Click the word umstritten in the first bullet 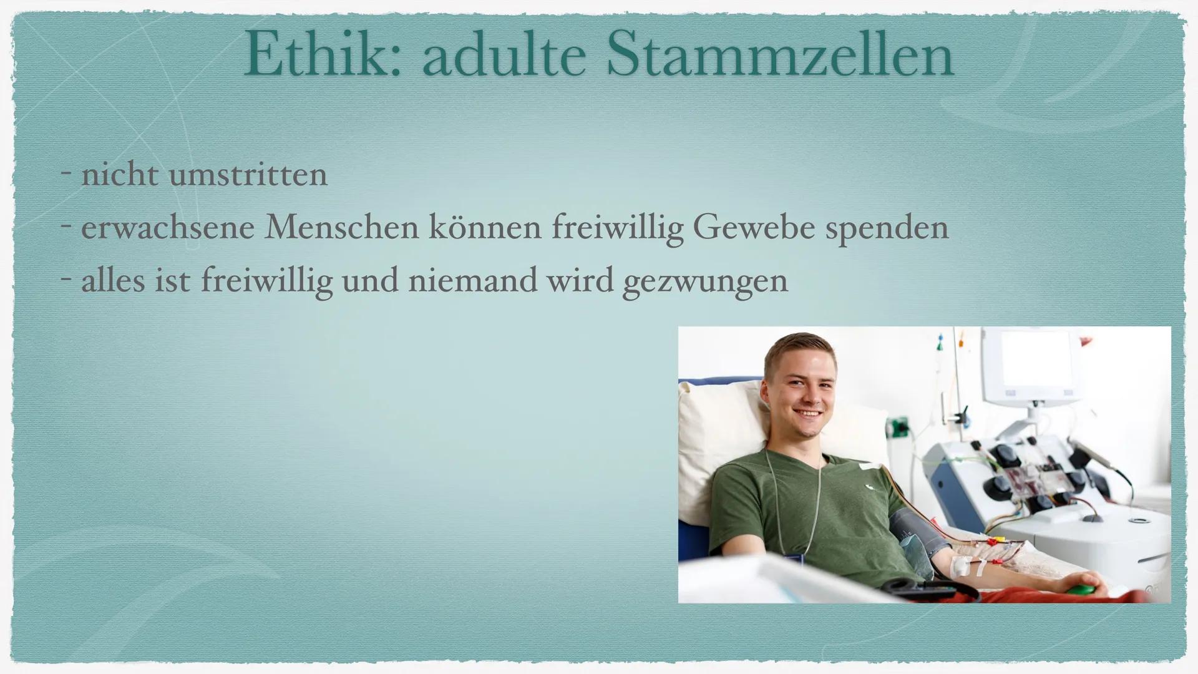tap(248, 175)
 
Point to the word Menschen tap(341, 228)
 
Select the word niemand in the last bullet tap(474, 281)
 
